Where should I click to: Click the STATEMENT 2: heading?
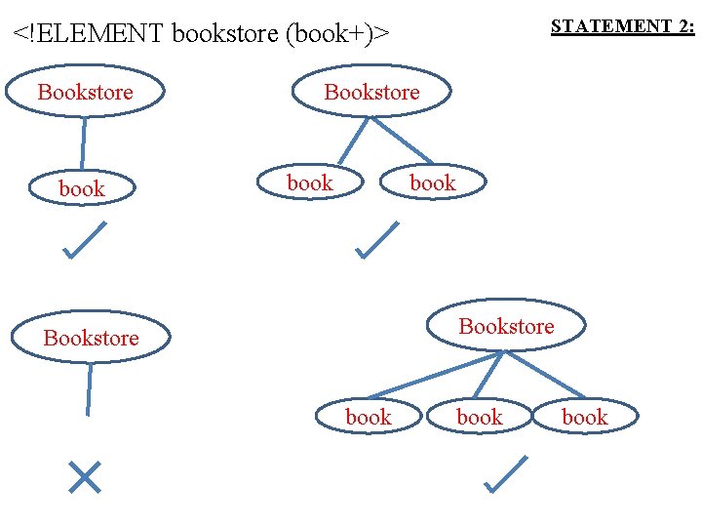coord(622,26)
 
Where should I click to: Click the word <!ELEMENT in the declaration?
coord(88,34)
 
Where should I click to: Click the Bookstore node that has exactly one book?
coord(85,92)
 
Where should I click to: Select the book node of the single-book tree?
coord(82,188)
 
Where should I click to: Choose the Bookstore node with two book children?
coord(371,92)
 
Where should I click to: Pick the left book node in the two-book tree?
coord(310,182)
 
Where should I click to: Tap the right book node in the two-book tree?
coord(432,182)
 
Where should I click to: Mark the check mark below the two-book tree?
coord(377,240)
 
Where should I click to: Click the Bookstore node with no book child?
coord(91,338)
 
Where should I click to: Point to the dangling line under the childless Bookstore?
coord(89,389)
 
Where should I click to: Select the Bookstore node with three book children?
coord(506,326)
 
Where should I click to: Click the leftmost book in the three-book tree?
coord(369,417)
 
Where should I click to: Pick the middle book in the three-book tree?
coord(480,417)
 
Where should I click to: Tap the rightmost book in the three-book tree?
coord(584,417)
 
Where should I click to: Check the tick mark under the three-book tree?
coord(505,474)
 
